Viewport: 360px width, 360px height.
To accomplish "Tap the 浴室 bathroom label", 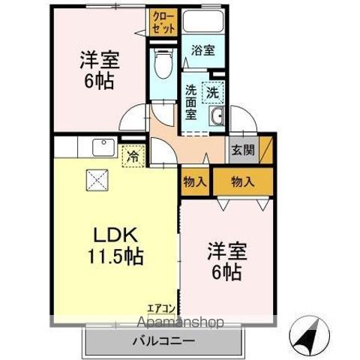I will click(x=202, y=51).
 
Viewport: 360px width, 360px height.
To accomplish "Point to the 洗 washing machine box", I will click(x=213, y=94).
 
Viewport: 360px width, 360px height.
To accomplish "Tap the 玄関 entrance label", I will click(x=242, y=149).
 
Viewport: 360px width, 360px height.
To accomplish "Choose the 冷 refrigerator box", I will click(x=133, y=157).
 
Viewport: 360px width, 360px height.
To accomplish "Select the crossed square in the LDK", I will click(x=97, y=179).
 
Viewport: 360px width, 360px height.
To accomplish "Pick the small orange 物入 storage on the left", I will click(x=194, y=181).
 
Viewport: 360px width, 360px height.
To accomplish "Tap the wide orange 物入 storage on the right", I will click(x=242, y=181).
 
